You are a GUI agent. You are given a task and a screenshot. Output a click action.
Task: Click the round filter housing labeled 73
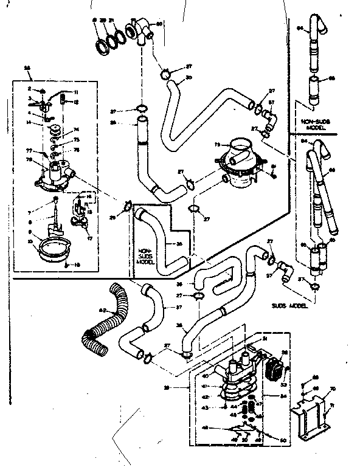[239, 163]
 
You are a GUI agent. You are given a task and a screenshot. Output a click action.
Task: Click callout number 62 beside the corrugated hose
[102, 311]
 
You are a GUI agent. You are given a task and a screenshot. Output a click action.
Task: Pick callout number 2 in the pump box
[29, 89]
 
